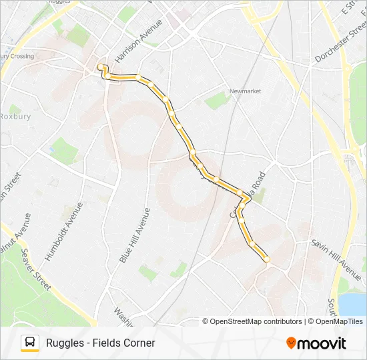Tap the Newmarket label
coord(245,91)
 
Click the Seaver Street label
coord(35,269)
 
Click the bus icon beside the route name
coord(30,343)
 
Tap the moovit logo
coord(316,343)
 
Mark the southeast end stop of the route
coord(266,259)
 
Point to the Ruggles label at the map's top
coord(59,2)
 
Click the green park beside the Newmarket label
coord(218,101)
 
